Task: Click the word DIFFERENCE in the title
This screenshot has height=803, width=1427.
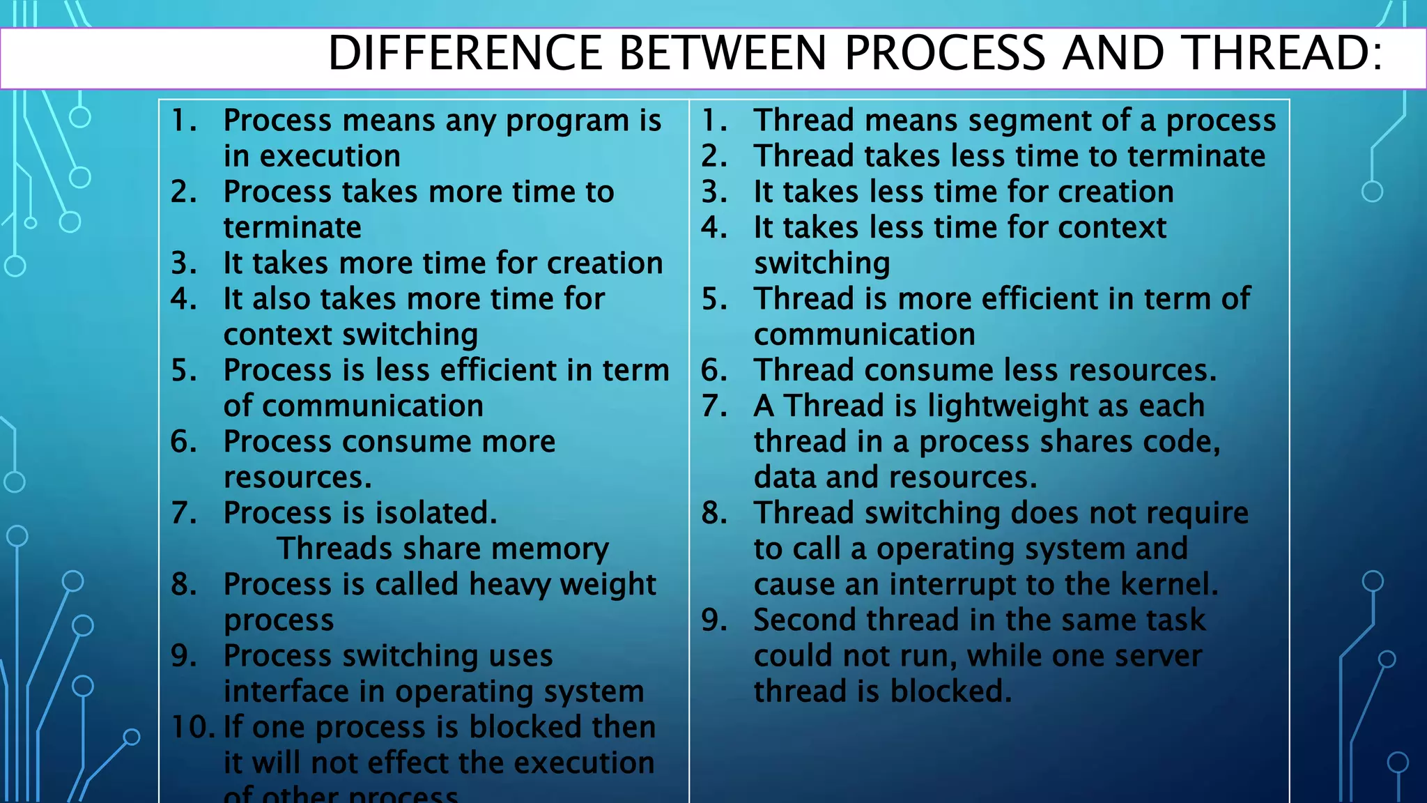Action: [x=465, y=53]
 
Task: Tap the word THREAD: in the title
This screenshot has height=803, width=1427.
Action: [x=1283, y=53]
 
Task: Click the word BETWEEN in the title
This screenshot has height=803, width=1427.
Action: [x=723, y=53]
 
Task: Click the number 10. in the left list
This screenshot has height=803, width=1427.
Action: [x=193, y=727]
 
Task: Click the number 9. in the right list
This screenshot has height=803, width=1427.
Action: [x=714, y=620]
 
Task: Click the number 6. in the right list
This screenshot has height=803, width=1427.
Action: [x=714, y=370]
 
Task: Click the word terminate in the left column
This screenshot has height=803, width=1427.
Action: [x=292, y=228]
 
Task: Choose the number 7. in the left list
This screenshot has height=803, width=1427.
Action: [x=184, y=513]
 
